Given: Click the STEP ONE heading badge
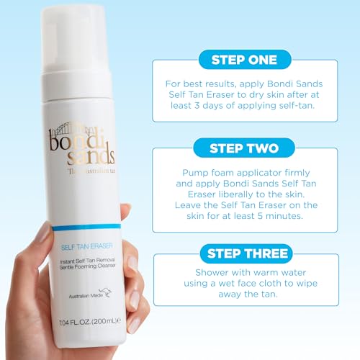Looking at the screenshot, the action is click(245, 60).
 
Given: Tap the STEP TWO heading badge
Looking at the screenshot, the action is click(244, 148).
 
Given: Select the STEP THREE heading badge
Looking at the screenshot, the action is click(246, 253).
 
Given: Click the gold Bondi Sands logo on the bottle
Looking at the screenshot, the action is click(81, 147).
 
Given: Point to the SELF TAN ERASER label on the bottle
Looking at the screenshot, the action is click(86, 246).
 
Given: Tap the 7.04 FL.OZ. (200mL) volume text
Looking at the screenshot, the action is click(89, 321).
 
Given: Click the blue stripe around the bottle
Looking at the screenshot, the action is click(86, 227).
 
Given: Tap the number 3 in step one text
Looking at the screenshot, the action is click(197, 105).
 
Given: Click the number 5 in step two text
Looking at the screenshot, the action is click(260, 216).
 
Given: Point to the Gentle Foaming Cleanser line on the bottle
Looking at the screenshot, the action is click(88, 266).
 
